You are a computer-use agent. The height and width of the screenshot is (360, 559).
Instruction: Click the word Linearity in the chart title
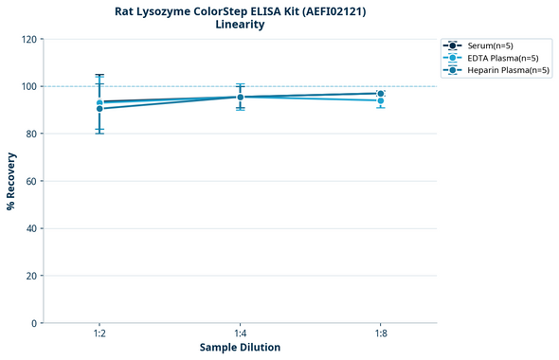tap(240, 25)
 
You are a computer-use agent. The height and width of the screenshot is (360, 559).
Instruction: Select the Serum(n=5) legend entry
tap(490, 45)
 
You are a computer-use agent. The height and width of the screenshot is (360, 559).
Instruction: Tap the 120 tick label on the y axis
tap(28, 40)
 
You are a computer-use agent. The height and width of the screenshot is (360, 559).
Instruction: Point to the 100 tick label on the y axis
tap(28, 86)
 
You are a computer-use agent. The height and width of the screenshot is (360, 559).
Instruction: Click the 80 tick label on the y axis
tap(31, 134)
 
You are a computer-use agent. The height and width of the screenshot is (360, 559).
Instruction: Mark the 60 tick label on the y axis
tap(31, 181)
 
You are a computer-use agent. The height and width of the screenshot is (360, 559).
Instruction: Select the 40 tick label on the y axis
tap(31, 228)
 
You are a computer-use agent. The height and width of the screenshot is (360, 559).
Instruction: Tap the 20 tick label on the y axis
tap(31, 276)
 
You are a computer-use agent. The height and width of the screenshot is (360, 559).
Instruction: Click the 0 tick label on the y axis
tap(34, 323)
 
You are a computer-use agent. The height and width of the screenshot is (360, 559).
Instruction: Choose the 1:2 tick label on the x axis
tap(99, 334)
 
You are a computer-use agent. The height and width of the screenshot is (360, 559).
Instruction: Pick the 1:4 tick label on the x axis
tap(240, 334)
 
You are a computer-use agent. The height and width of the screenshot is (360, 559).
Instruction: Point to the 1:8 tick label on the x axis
tap(380, 334)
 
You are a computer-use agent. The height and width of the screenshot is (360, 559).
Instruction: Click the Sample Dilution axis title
tap(240, 348)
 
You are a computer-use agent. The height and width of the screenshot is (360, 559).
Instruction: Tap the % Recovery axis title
tap(11, 181)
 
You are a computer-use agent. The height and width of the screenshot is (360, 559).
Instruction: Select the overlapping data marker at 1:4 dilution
tap(241, 97)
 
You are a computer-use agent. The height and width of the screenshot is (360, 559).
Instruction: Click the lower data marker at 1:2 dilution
tap(99, 109)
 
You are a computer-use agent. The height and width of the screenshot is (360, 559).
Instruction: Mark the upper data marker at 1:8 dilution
tap(380, 94)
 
